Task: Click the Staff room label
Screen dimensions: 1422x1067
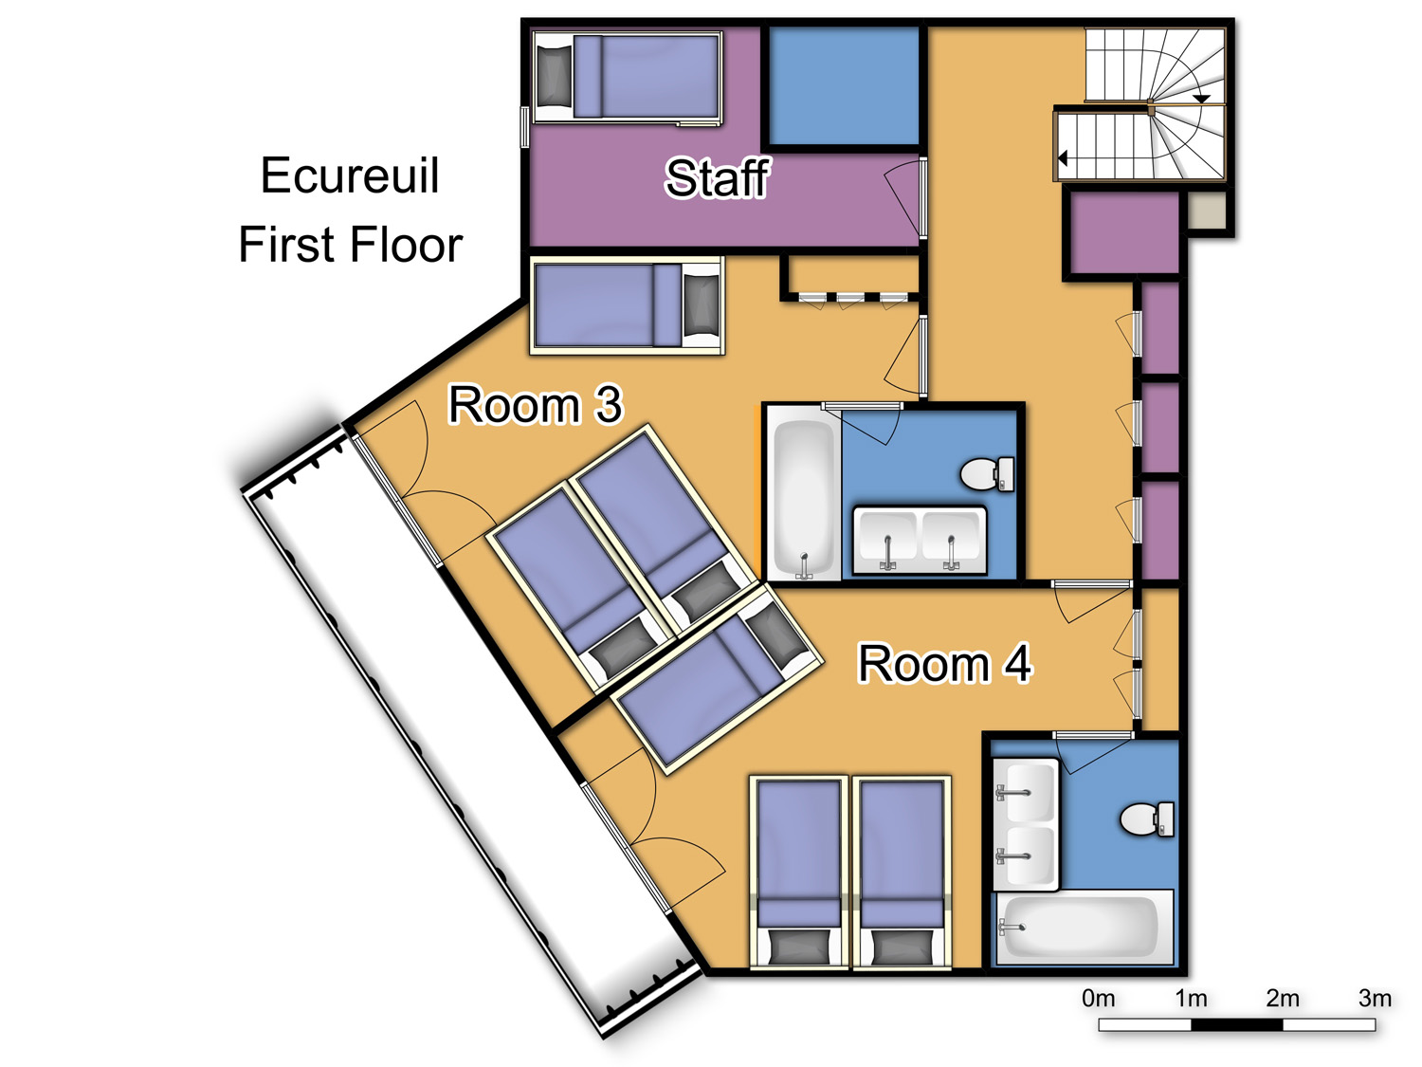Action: [x=717, y=178]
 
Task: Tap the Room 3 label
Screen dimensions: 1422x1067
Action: [x=535, y=405]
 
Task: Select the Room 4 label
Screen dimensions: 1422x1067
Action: [x=944, y=663]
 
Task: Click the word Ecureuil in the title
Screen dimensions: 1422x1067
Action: [x=350, y=175]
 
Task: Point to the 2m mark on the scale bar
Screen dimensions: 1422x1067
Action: [x=1283, y=999]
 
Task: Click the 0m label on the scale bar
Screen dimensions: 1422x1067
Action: [x=1098, y=999]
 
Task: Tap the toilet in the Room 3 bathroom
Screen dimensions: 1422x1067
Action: [x=987, y=474]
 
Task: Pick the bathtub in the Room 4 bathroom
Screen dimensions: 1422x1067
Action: [x=1085, y=928]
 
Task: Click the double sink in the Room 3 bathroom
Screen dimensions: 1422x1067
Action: [x=920, y=540]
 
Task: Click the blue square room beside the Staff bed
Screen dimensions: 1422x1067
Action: [x=844, y=84]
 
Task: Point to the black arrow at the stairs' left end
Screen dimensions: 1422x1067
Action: [x=1062, y=157]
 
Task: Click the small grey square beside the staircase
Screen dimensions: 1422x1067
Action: [x=1207, y=211]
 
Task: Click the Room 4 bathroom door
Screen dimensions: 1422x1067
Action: [x=1094, y=752]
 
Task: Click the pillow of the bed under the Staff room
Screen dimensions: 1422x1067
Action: [x=701, y=304]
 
